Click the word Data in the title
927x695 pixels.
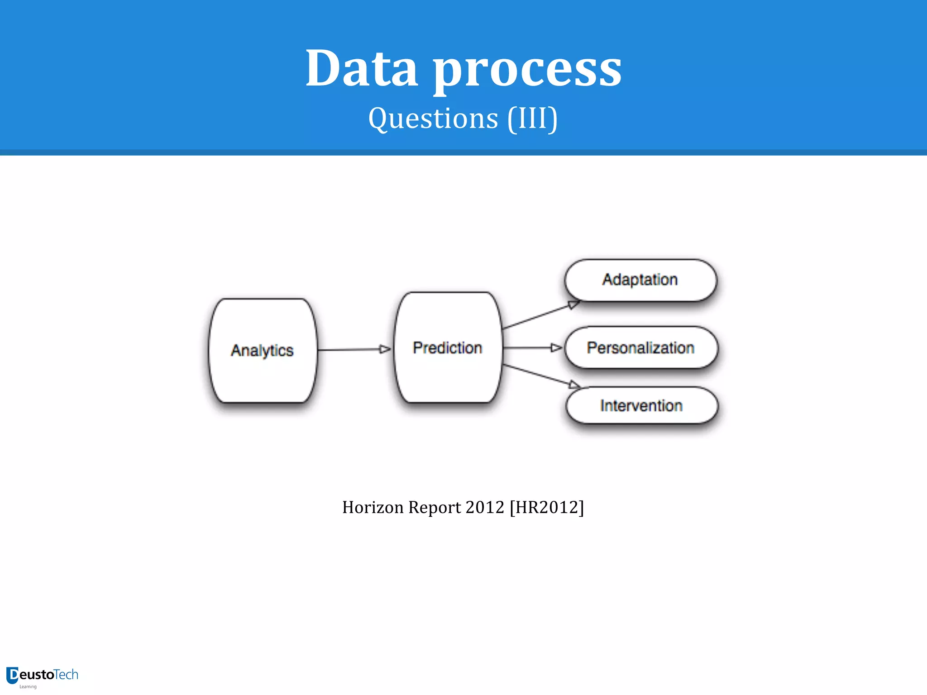click(361, 69)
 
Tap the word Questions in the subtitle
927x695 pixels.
click(433, 119)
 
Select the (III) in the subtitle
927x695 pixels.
click(532, 119)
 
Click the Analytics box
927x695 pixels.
click(263, 350)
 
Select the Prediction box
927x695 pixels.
click(448, 347)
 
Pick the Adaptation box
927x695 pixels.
click(640, 280)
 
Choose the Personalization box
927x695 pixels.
click(640, 347)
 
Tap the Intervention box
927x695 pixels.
click(641, 405)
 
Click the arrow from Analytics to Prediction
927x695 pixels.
click(353, 349)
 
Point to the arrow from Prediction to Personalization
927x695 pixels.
click(532, 347)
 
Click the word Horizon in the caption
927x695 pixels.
click(373, 507)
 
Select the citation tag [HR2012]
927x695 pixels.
click(547, 507)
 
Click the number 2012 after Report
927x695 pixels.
click(484, 507)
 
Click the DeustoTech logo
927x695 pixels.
click(43, 676)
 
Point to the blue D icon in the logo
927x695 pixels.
click(12, 675)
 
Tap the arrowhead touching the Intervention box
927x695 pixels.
click(574, 385)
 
